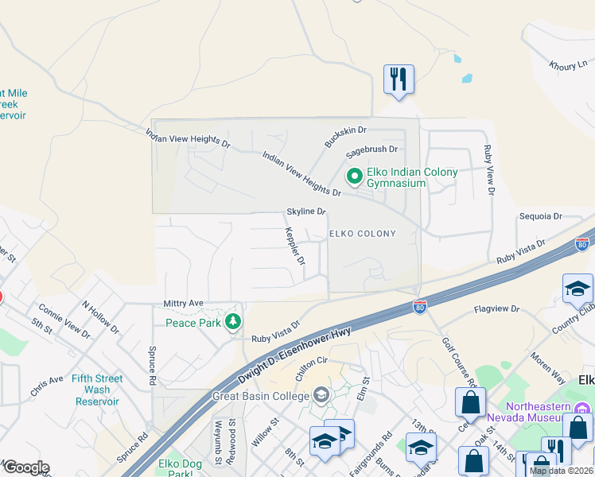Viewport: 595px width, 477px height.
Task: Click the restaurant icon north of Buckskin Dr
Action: point(399,79)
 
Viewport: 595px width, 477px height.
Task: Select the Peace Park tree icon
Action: point(232,322)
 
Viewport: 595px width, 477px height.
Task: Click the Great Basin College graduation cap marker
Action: point(321,395)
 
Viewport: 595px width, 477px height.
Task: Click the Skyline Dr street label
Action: point(306,212)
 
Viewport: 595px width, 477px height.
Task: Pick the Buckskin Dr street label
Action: point(345,136)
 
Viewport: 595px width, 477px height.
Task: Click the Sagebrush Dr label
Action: point(370,149)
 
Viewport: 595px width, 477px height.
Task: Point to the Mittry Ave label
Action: point(184,303)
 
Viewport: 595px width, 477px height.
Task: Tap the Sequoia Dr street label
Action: point(540,216)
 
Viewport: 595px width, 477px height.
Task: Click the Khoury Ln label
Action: point(567,66)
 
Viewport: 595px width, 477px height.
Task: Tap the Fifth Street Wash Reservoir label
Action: point(97,390)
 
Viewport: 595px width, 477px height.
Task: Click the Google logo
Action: point(26,467)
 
